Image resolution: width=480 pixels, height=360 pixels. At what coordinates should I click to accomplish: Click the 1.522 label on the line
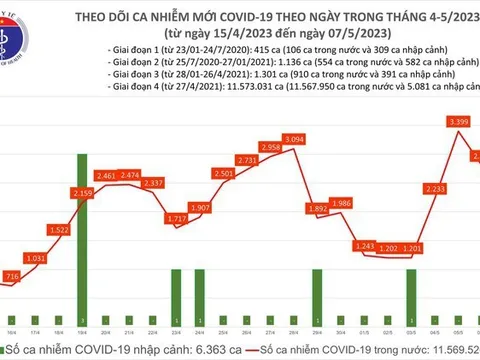tap(58, 230)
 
